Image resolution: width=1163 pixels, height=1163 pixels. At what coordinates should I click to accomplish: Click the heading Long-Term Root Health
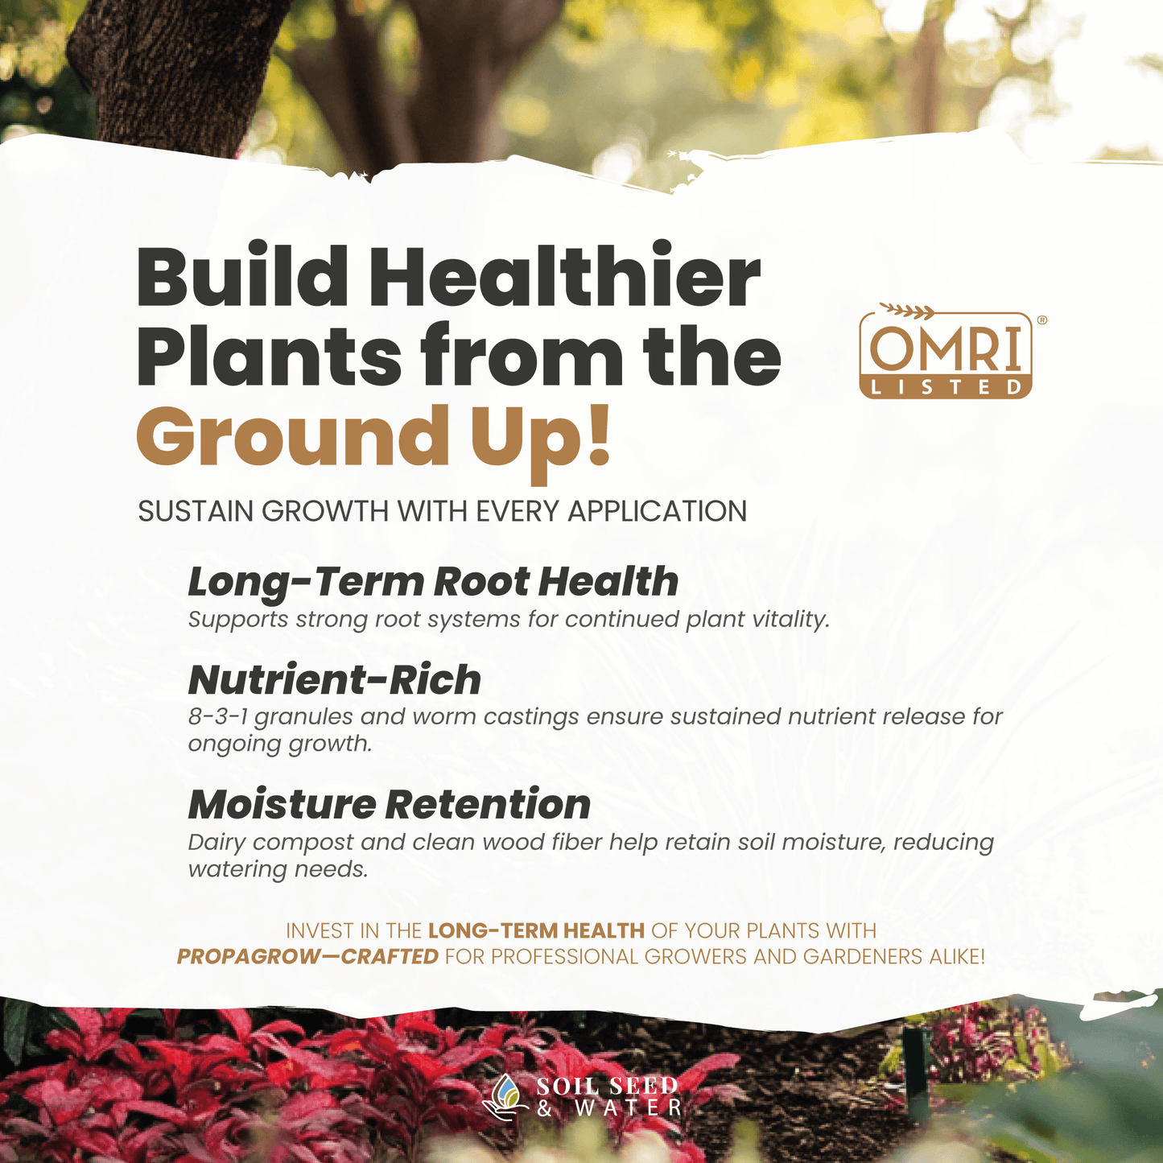pos(433,582)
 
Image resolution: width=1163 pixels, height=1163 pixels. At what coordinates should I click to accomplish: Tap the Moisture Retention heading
pos(390,805)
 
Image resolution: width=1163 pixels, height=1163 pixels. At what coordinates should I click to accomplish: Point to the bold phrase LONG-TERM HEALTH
pos(536,930)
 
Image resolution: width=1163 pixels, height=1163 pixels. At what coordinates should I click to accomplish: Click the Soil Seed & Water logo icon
pos(505,1097)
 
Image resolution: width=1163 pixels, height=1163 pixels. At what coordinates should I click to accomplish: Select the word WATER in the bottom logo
pos(628,1108)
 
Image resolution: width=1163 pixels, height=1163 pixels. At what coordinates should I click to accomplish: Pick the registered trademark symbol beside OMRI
pos(1041,320)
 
